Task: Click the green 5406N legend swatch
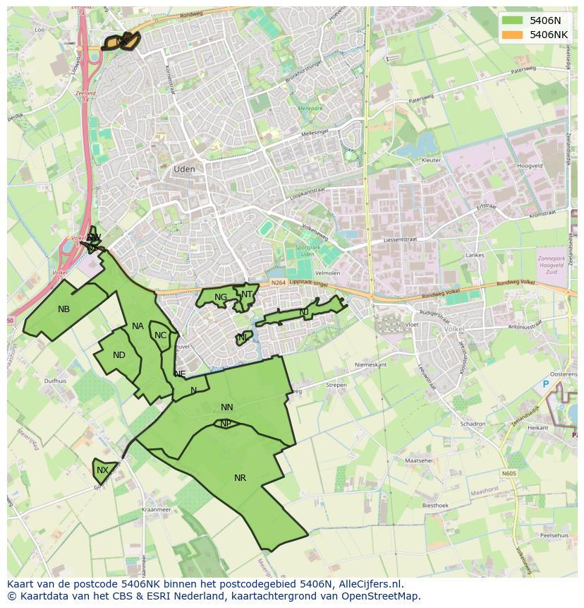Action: (x=513, y=20)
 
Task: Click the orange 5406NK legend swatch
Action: (x=513, y=35)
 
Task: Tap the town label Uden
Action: (x=184, y=169)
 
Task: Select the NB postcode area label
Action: (x=64, y=309)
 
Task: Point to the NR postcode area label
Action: (x=240, y=478)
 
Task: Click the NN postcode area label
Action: (x=226, y=407)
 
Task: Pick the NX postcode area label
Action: (x=103, y=470)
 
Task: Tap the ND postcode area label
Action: (x=119, y=355)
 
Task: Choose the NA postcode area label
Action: (x=138, y=326)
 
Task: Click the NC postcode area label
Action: (x=160, y=335)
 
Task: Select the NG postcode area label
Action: (x=221, y=297)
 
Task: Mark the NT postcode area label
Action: (x=247, y=294)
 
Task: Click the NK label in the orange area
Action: (x=122, y=42)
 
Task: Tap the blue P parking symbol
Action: (x=545, y=384)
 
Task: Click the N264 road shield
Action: (x=278, y=283)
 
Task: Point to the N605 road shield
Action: (x=509, y=474)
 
